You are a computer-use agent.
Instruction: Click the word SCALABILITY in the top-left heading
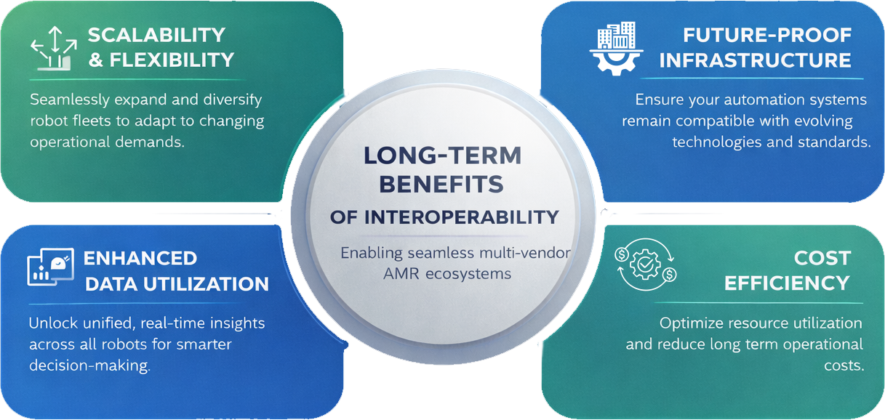click(x=156, y=35)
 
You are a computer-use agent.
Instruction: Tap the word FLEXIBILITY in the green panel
click(x=171, y=60)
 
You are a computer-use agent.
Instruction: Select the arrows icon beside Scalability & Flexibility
click(x=52, y=47)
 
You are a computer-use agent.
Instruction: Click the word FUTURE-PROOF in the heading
click(x=766, y=35)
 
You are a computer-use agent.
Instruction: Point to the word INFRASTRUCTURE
click(x=755, y=60)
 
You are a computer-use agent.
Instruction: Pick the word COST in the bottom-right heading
click(x=822, y=258)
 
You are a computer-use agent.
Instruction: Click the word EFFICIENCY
click(x=787, y=283)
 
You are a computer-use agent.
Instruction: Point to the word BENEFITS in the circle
click(x=441, y=184)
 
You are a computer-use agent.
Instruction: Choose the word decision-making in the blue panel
click(x=89, y=366)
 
